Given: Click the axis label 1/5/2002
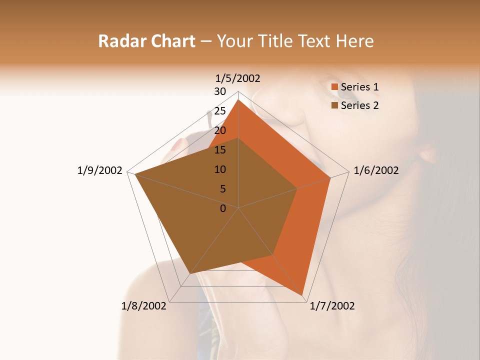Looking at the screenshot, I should [238, 78].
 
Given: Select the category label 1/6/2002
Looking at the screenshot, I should [376, 170].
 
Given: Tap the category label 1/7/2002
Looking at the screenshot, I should [332, 306].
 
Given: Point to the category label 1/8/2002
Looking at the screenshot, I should [144, 306].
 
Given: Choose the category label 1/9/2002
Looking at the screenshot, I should [100, 170].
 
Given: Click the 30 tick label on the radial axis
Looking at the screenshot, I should [220, 91].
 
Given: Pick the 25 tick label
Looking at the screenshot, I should [220, 111].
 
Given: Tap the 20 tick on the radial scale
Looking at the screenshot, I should [220, 130].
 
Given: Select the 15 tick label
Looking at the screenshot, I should [220, 150].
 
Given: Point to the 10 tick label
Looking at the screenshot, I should [220, 169].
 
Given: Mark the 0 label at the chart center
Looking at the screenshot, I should [223, 208].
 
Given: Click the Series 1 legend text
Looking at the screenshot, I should [360, 87].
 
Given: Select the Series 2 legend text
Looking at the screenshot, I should [360, 105].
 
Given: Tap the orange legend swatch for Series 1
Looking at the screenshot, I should [335, 87].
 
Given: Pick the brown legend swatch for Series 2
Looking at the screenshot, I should [335, 105].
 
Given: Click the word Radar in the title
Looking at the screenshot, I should [118, 41].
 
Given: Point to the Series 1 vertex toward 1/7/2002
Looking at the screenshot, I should [302, 294].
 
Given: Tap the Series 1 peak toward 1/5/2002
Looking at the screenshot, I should [238, 100].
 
